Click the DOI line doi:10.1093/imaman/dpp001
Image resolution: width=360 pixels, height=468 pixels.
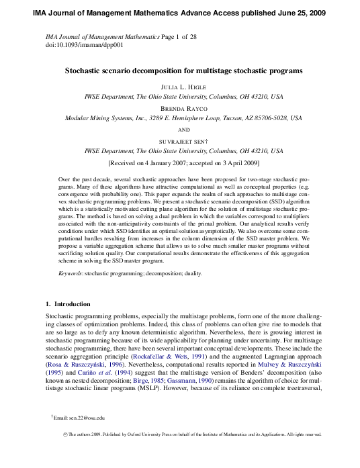pyautogui.click(x=80, y=45)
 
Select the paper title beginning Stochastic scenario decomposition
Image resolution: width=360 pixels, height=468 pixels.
pyautogui.click(x=183, y=70)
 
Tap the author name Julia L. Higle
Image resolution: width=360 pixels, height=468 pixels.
pyautogui.click(x=183, y=87)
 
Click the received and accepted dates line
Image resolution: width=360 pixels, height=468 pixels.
pyautogui.click(x=184, y=162)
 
